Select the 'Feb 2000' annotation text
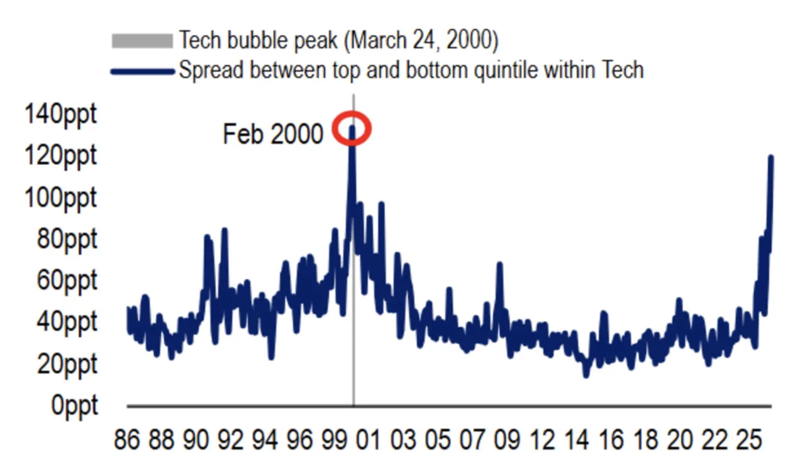(x=273, y=134)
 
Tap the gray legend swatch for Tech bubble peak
(x=142, y=41)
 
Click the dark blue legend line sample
(x=142, y=72)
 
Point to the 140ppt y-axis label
(x=61, y=115)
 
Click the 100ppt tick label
(x=61, y=198)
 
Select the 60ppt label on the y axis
(x=67, y=281)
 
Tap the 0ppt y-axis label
(x=74, y=405)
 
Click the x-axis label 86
(x=126, y=440)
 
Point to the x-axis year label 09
(x=508, y=440)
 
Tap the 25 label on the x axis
(x=749, y=440)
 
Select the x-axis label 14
(x=577, y=440)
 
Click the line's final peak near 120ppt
(x=771, y=157)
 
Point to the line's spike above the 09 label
(x=499, y=264)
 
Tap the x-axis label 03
(x=404, y=440)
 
